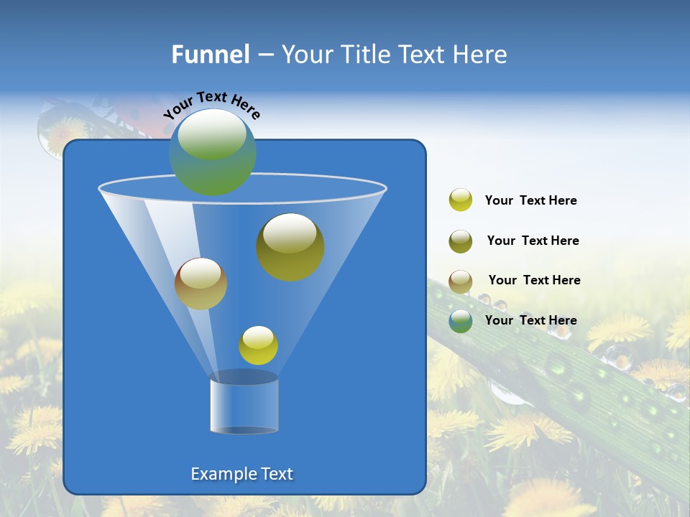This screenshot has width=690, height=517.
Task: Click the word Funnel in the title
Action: click(x=210, y=55)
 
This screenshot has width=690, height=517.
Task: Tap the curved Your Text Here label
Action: click(x=212, y=104)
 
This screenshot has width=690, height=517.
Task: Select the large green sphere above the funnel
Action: click(x=213, y=152)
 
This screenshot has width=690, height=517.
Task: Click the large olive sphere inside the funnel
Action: click(x=290, y=247)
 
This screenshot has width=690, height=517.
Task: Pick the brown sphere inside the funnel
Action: click(x=201, y=284)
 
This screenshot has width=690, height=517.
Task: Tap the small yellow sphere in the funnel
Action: click(x=258, y=345)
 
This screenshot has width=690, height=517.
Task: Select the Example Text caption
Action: click(x=241, y=474)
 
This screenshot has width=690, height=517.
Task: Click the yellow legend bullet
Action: click(x=461, y=200)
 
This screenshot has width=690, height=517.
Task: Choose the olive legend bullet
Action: click(x=461, y=241)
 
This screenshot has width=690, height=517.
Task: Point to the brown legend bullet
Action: click(x=461, y=281)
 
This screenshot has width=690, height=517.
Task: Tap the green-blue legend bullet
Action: click(x=461, y=321)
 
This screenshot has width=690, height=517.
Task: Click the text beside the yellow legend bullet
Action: click(x=530, y=201)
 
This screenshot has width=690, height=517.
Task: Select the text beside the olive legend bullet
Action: click(x=533, y=241)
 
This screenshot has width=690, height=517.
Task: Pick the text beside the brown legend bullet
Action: click(x=534, y=281)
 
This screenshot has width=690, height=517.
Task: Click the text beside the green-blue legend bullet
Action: click(x=530, y=320)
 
